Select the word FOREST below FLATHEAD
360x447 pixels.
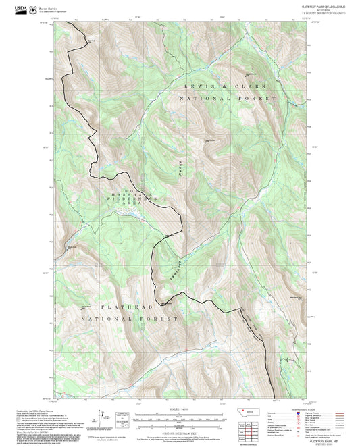click(x=158, y=317)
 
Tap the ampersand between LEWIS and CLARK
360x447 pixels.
click(x=224, y=88)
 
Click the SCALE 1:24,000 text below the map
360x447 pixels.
click(x=178, y=409)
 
